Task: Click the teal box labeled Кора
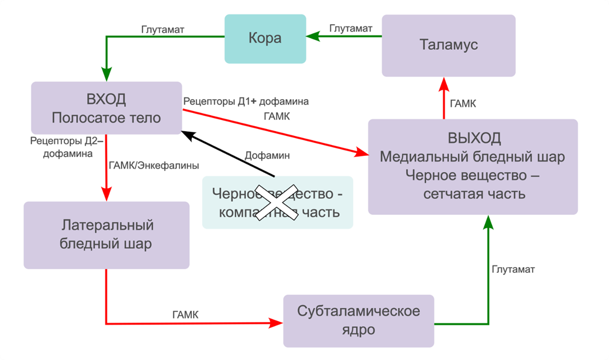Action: point(265,39)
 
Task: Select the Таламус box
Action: point(449,45)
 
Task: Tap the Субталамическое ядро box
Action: point(359,320)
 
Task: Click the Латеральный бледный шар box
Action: point(106,234)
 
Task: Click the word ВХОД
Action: point(106,99)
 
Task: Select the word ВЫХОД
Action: point(473,138)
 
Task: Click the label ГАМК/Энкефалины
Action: point(153,166)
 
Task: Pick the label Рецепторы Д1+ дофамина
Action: point(246,101)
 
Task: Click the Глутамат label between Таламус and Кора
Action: point(351,28)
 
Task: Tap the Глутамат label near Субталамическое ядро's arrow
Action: point(513,269)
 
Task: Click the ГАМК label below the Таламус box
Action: point(463,104)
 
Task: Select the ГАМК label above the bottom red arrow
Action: point(186,314)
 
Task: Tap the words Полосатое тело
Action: point(106,118)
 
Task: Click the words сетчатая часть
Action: point(473,193)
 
